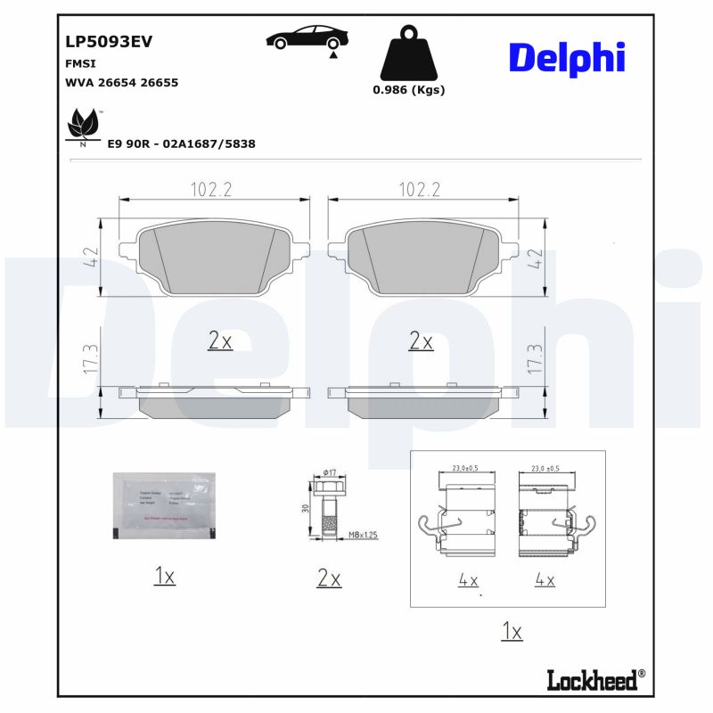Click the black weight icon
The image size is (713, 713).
(408, 54)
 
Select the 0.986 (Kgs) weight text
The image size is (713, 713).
(408, 90)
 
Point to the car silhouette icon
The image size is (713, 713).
(307, 39)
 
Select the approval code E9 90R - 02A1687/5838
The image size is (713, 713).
(181, 143)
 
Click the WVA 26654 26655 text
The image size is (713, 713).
(122, 82)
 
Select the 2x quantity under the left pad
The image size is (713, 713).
(219, 340)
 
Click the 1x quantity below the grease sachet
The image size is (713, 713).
(163, 578)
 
